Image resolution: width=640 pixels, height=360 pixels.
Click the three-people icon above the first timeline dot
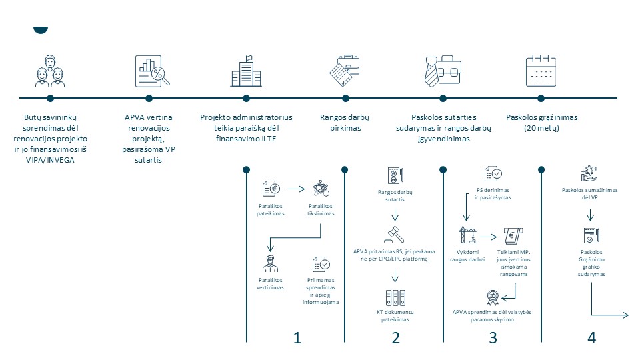coord(50,71)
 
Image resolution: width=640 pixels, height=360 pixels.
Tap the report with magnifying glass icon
coord(152,71)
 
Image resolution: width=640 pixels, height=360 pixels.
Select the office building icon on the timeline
coord(246,71)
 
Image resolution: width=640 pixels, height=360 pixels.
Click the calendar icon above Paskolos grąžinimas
coord(541,71)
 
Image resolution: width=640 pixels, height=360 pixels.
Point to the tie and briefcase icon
coord(443,71)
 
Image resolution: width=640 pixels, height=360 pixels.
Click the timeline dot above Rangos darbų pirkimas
coord(345,99)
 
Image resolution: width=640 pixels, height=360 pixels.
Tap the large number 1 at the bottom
coord(297,338)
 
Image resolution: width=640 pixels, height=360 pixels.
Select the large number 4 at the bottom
coord(591,338)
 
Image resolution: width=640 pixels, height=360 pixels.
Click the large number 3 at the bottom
coord(493,338)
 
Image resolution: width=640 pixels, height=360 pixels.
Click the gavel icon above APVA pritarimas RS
coord(394,234)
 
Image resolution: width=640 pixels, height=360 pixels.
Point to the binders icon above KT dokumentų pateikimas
coord(395,298)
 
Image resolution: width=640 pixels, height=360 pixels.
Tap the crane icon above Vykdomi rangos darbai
coord(467,235)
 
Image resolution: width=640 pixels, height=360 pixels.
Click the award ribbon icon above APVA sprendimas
coord(493,297)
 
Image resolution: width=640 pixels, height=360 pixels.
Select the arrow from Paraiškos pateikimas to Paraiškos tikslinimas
coord(296,189)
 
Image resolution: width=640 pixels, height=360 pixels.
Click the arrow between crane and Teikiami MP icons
coord(488,236)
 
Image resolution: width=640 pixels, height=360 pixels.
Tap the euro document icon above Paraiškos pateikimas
coord(271,189)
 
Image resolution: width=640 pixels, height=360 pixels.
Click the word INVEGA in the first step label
coord(61,160)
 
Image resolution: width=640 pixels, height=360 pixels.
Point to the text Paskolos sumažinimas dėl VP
coord(590,193)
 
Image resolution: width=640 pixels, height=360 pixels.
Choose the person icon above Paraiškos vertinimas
coord(270,264)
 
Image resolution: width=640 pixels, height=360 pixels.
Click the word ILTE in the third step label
coord(269,139)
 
